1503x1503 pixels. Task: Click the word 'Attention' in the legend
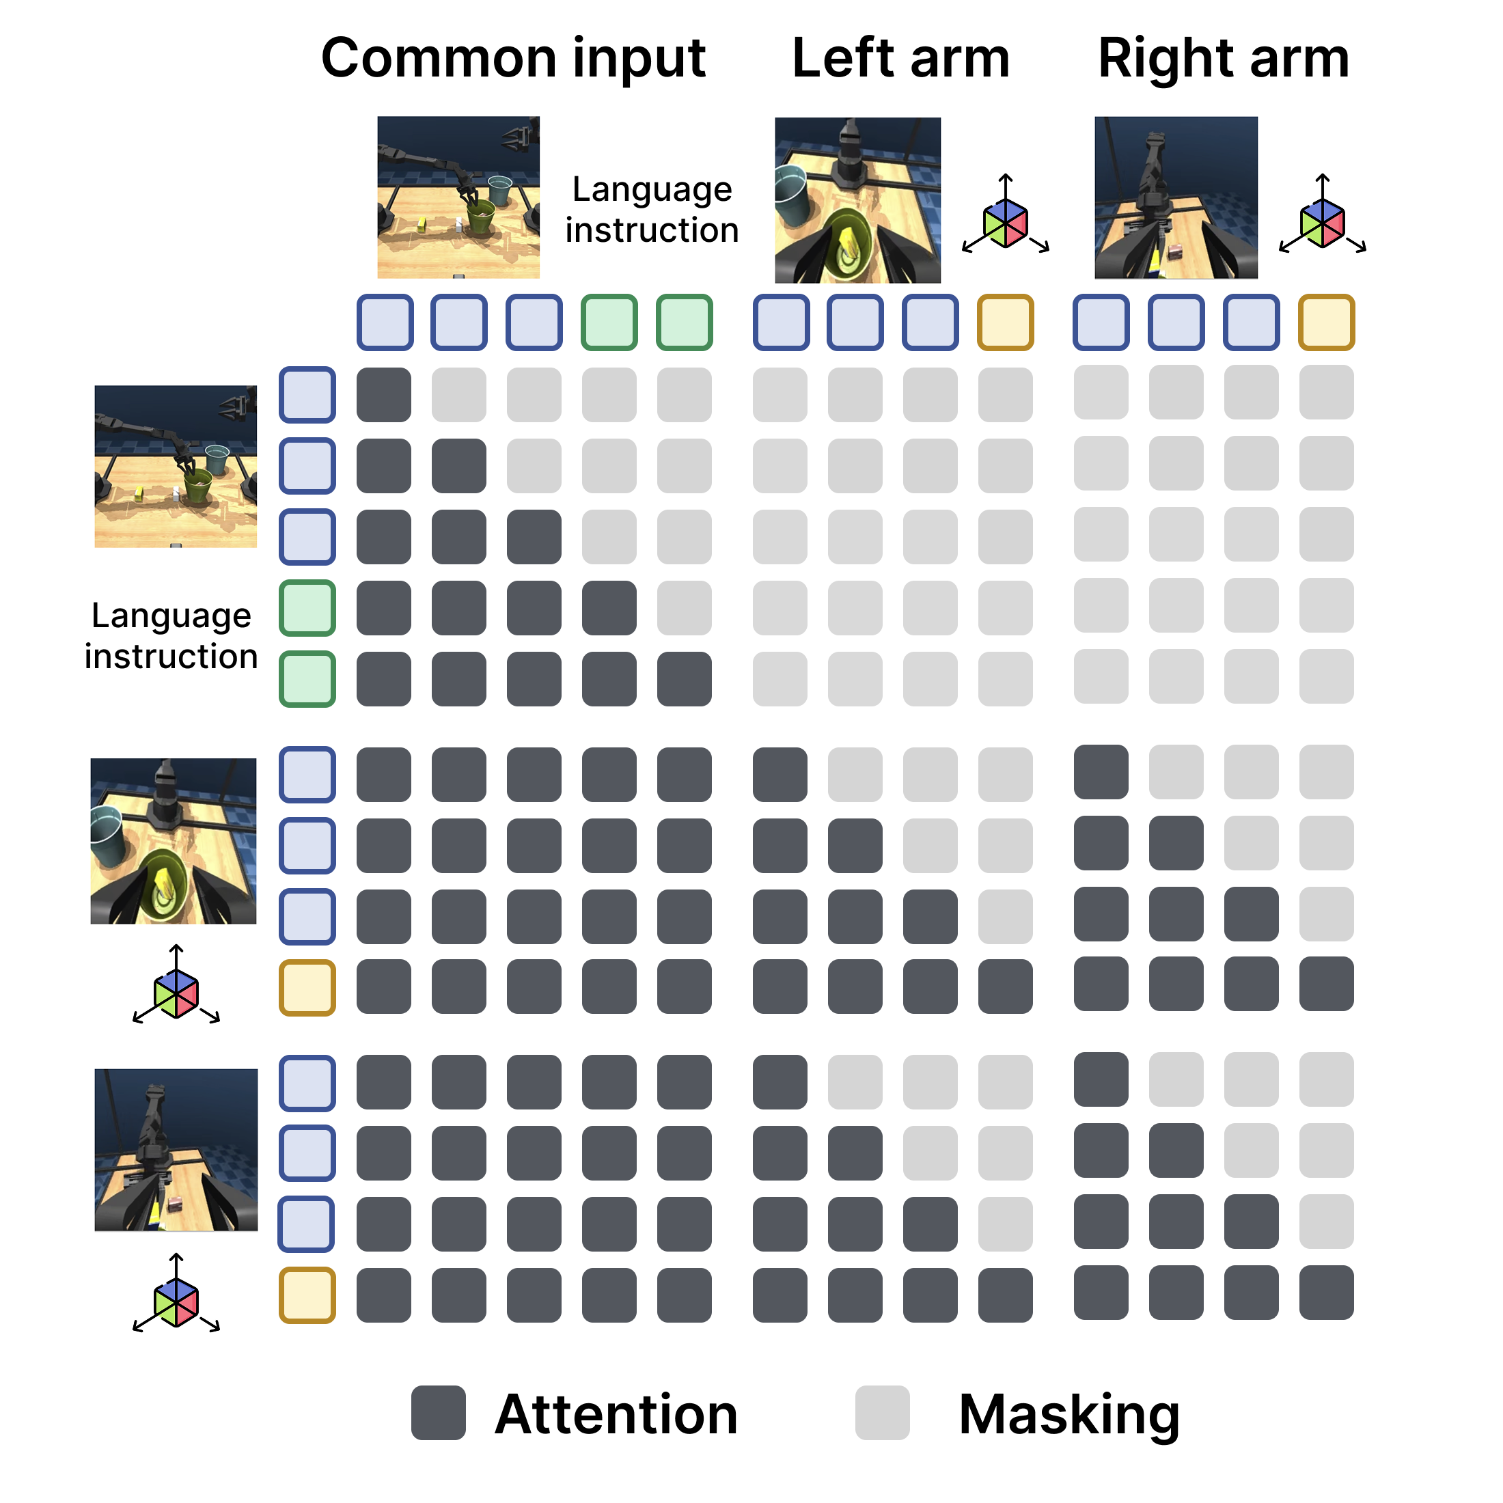pos(616,1414)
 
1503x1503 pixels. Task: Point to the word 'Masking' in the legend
pos(1069,1414)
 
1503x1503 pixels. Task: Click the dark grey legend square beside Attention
pos(439,1413)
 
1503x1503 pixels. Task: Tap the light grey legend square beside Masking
pos(882,1413)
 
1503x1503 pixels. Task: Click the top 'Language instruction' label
pos(652,209)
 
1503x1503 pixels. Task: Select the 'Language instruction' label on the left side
pos(171,635)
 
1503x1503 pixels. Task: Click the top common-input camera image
pos(458,197)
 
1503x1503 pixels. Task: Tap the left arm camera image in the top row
pos(857,200)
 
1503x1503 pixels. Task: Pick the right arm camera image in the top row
pos(1176,197)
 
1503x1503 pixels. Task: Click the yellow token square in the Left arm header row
pos(1005,322)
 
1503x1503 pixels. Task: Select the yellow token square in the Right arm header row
pos(1327,322)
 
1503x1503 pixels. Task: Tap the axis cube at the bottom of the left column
pos(176,1302)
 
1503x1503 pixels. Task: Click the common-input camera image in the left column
pos(176,466)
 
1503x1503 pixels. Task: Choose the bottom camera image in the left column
pos(176,1150)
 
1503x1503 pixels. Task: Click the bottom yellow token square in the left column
pos(307,1295)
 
